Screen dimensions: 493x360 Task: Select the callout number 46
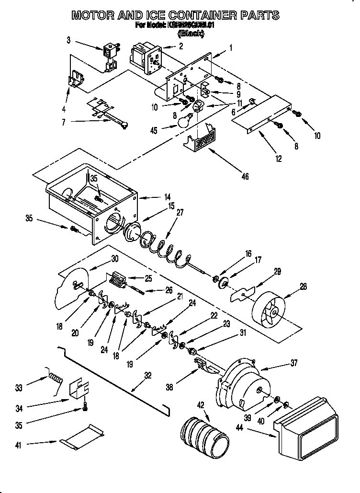[245, 176]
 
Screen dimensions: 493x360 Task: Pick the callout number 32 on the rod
[148, 376]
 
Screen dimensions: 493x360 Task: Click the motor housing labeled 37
[244, 383]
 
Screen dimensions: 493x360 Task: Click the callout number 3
[69, 40]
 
